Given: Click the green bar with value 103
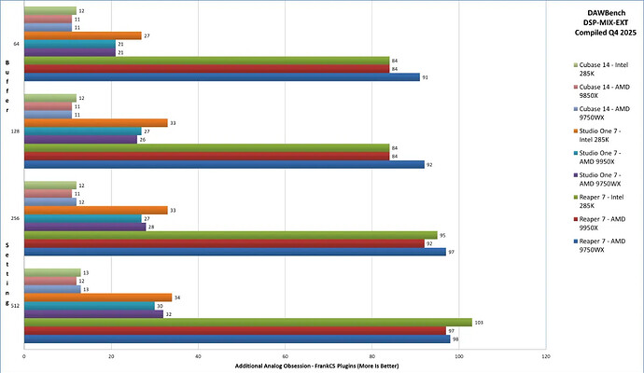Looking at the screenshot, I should coord(247,322).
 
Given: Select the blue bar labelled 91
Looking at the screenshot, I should coord(221,76).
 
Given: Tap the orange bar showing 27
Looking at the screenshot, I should coord(82,35).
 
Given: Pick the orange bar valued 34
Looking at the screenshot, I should coord(97,297).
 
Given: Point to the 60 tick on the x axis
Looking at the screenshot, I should coord(285,355).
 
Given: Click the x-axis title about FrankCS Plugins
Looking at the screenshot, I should coord(285,365).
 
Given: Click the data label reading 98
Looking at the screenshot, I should coord(455,339).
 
